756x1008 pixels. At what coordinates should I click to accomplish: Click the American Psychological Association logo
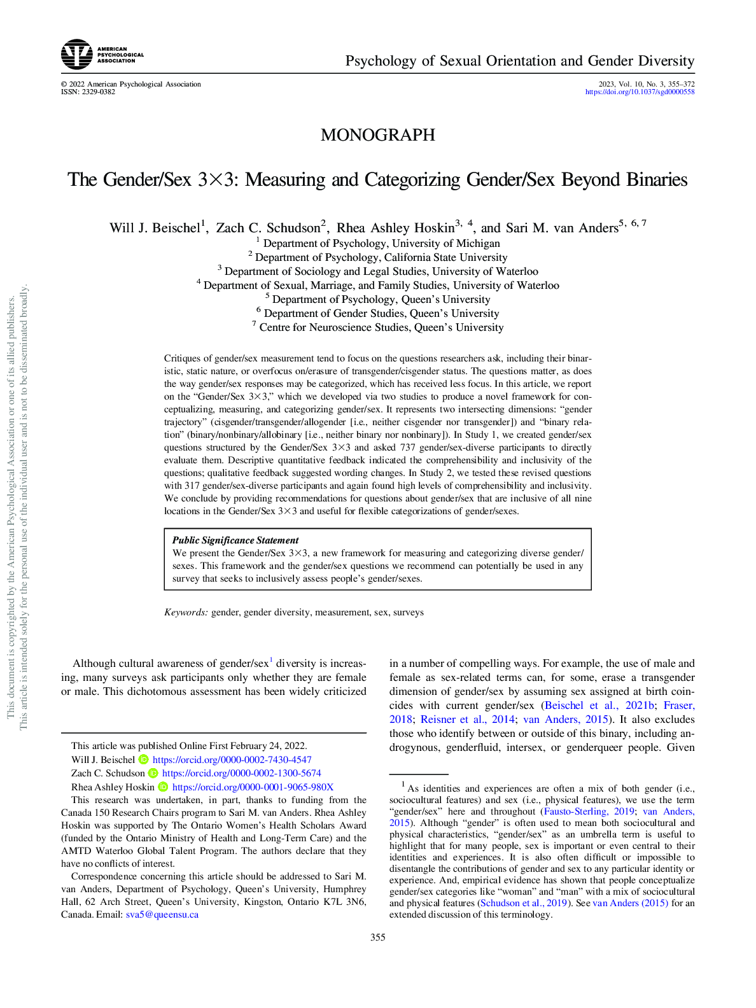[102, 55]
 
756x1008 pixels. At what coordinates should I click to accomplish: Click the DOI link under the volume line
[640, 92]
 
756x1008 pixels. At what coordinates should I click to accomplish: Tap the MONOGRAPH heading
[378, 135]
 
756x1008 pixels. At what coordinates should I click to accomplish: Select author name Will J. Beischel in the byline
[155, 228]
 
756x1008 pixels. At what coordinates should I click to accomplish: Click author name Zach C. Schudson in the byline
[268, 228]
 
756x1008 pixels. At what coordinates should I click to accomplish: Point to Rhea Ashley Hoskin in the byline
[395, 228]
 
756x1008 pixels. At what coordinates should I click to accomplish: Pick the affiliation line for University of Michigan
[381, 243]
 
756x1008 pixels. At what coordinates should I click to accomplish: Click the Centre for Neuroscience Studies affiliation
[381, 327]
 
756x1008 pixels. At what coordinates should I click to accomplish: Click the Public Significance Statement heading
[235, 540]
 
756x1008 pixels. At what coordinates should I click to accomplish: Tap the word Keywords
[186, 612]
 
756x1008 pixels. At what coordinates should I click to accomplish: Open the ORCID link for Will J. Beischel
[232, 760]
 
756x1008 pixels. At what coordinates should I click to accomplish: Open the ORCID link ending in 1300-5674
[242, 773]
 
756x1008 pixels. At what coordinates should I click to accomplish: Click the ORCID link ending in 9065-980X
[253, 787]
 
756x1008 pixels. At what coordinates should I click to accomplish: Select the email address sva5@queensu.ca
[162, 914]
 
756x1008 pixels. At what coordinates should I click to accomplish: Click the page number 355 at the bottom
[378, 937]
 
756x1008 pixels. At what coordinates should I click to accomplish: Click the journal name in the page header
[520, 61]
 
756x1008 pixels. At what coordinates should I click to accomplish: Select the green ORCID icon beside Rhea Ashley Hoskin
[163, 787]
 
